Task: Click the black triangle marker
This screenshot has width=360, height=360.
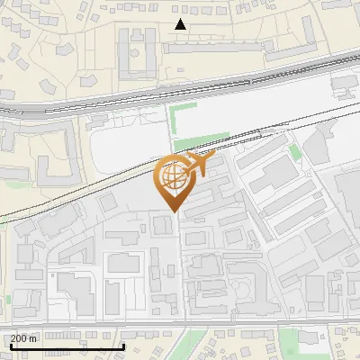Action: [181, 24]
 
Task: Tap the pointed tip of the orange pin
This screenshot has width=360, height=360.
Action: [173, 210]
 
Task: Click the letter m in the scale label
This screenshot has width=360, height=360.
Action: [33, 338]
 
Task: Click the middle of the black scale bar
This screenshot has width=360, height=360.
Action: [67, 346]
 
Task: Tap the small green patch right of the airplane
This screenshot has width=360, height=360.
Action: [293, 151]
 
